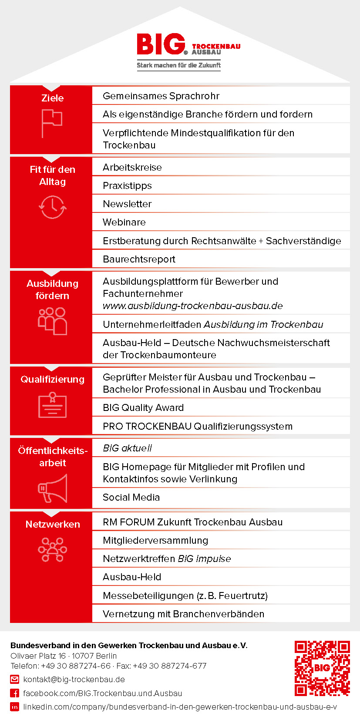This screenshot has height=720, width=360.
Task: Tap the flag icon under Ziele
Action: pyautogui.click(x=52, y=123)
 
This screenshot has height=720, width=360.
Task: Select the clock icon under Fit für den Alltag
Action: pyautogui.click(x=53, y=206)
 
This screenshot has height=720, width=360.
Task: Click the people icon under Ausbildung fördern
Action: pyautogui.click(x=52, y=321)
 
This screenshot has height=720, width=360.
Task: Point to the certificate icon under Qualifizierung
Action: pyautogui.click(x=52, y=405)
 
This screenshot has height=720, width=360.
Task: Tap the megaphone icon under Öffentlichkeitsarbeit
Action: pyautogui.click(x=53, y=488)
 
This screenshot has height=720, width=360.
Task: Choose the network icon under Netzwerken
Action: pyautogui.click(x=53, y=549)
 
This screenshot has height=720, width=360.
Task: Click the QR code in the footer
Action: pyautogui.click(x=322, y=668)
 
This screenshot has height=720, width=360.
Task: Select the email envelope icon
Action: pyautogui.click(x=15, y=680)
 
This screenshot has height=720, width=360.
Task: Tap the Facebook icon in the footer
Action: pyautogui.click(x=15, y=693)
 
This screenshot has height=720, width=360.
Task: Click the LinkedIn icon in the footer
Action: pyautogui.click(x=15, y=707)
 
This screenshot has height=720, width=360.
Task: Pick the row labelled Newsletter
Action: pyautogui.click(x=127, y=204)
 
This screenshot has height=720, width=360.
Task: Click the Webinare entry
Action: pyautogui.click(x=124, y=222)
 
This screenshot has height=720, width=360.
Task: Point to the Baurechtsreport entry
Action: pyautogui.click(x=139, y=259)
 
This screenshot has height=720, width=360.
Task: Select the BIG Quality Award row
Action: pyautogui.click(x=143, y=407)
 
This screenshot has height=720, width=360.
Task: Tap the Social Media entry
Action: pyautogui.click(x=131, y=497)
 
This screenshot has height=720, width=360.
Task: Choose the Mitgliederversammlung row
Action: pyautogui.click(x=155, y=540)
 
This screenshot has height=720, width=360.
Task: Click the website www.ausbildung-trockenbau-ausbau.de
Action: pyautogui.click(x=192, y=306)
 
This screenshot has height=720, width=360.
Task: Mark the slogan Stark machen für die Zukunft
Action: pyautogui.click(x=178, y=65)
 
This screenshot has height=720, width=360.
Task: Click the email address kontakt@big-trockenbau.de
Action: pyautogui.click(x=74, y=680)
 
